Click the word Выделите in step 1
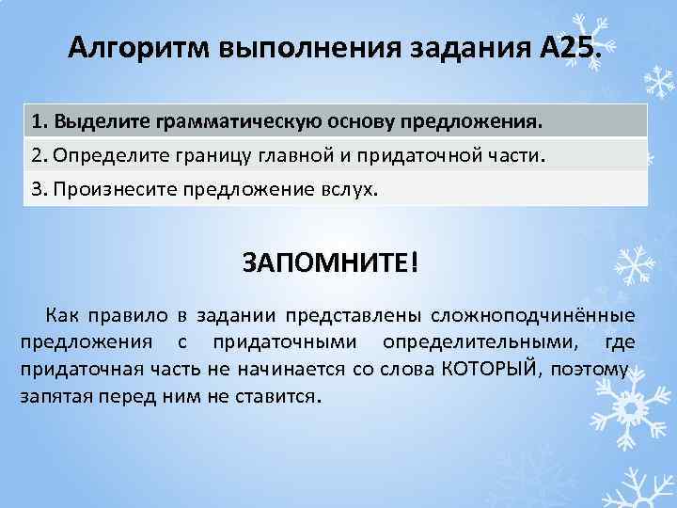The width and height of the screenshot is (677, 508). click(x=89, y=122)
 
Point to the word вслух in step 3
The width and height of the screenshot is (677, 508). click(x=348, y=188)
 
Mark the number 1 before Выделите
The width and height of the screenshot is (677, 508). click(x=36, y=122)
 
